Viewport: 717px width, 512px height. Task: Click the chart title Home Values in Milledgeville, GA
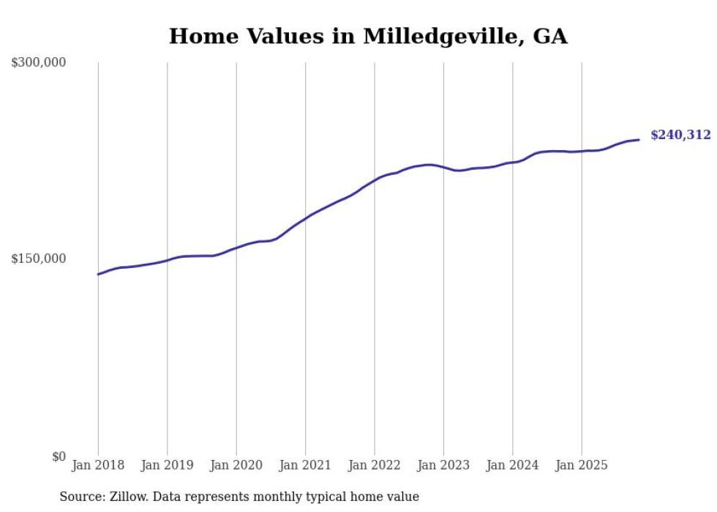368,36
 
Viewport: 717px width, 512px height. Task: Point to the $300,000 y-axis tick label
39,63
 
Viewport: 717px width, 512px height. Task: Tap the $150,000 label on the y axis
39,259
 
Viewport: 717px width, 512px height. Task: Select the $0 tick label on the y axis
59,456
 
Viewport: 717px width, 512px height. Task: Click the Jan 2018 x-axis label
98,465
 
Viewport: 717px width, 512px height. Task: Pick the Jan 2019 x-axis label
168,465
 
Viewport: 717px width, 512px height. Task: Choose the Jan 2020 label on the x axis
236,465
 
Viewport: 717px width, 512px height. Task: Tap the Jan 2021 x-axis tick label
306,465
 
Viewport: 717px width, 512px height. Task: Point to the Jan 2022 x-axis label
375,465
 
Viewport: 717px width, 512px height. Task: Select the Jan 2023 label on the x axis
443,465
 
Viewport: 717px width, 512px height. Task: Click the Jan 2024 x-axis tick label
513,465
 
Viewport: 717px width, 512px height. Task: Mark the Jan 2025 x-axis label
582,465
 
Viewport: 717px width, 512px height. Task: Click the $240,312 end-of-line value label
680,135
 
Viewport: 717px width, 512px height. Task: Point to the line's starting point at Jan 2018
99,274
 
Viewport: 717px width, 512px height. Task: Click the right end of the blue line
639,139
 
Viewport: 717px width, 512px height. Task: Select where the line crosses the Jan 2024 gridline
513,162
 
